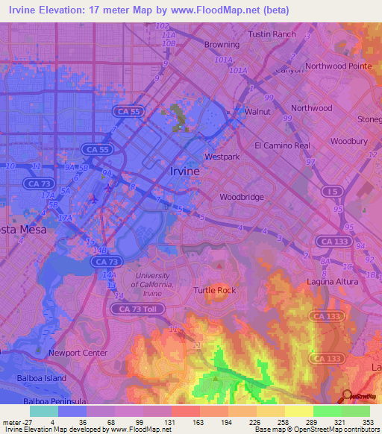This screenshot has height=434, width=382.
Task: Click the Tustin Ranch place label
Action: click(x=272, y=34)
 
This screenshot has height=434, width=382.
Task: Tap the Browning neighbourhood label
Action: click(x=222, y=45)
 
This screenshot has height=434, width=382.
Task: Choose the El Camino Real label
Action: click(x=282, y=145)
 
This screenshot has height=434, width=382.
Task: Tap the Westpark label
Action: click(x=222, y=157)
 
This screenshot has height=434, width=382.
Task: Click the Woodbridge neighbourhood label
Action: click(x=242, y=198)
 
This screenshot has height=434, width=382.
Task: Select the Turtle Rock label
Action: click(x=215, y=290)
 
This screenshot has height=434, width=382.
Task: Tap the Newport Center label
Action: click(x=73, y=353)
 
